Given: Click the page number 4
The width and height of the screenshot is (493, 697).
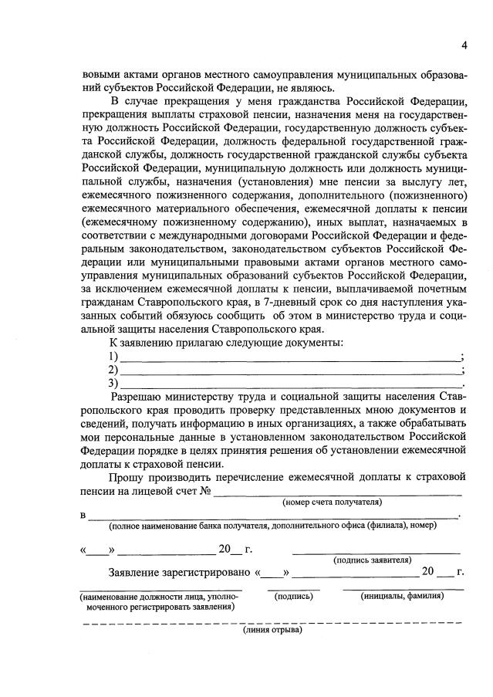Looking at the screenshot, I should tap(465, 46).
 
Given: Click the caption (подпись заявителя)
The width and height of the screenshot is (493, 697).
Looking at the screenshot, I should tap(372, 560).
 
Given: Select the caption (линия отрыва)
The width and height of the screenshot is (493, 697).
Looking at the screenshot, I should tap(271, 630).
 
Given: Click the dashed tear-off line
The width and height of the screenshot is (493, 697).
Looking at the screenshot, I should tap(271, 620).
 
